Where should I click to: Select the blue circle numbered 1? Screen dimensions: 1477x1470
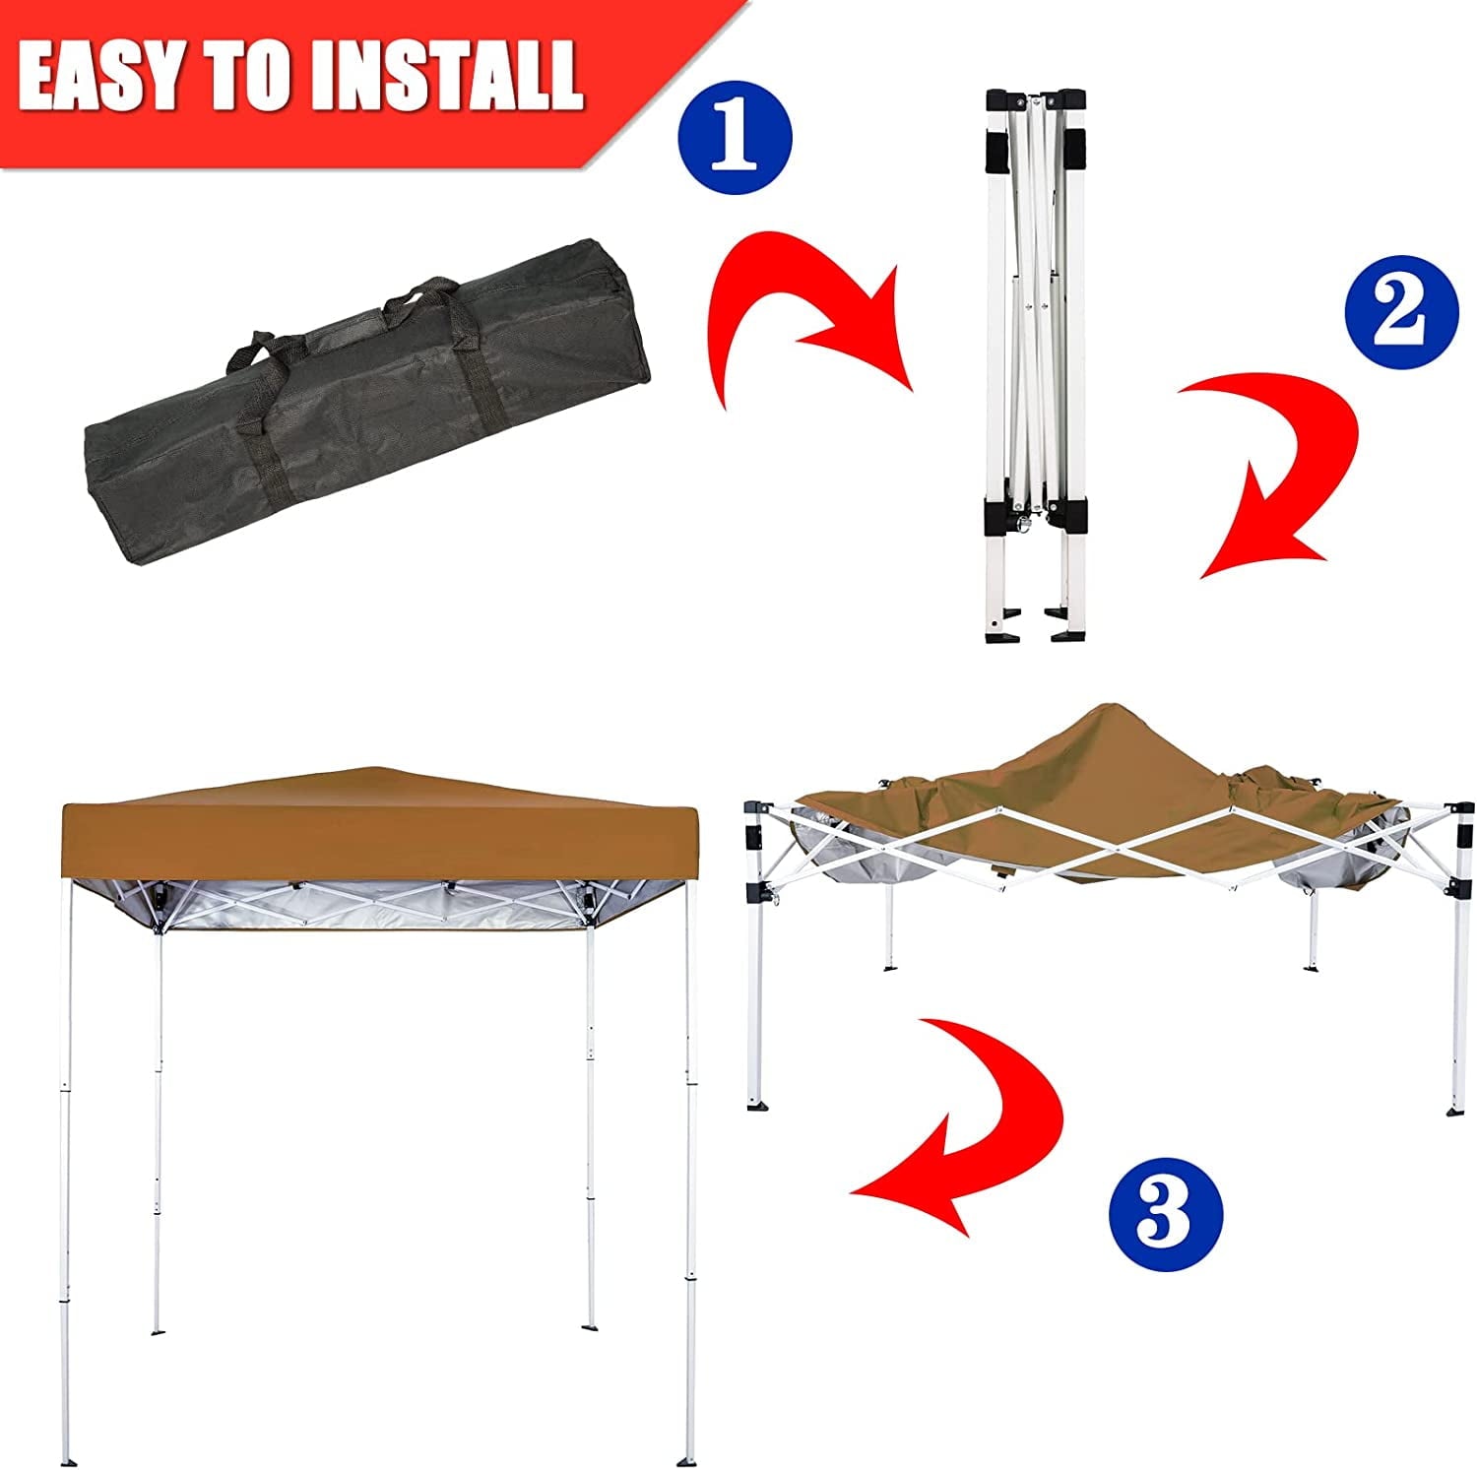tap(737, 138)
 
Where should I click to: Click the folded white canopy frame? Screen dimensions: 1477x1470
tap(1034, 365)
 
